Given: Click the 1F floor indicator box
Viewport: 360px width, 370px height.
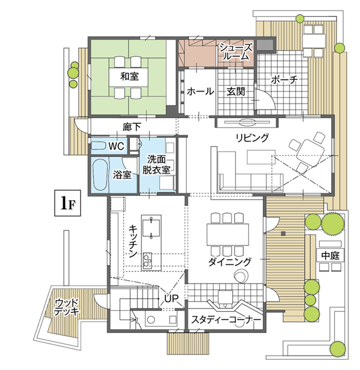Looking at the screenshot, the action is [x=67, y=203].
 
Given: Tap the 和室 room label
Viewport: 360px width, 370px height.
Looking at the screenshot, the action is [x=129, y=76].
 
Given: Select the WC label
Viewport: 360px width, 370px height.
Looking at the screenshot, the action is [x=116, y=146].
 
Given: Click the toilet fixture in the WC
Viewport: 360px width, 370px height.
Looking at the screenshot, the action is [x=98, y=145].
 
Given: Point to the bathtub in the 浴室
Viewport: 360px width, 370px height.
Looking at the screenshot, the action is [x=99, y=174].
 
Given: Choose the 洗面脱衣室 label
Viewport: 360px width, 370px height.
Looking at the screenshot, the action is [x=156, y=164].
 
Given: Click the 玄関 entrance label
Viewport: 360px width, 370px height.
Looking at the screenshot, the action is [x=235, y=91].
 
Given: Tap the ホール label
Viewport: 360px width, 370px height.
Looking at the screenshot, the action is [x=200, y=91].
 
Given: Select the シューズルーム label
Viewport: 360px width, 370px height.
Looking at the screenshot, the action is [x=236, y=52].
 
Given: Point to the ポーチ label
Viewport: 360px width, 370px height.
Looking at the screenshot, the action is [x=284, y=80].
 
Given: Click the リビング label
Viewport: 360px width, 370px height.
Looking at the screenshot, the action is [x=252, y=137].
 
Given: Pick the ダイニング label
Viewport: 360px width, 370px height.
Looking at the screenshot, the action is [x=229, y=262].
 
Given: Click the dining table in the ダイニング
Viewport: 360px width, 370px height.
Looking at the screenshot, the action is [x=227, y=234].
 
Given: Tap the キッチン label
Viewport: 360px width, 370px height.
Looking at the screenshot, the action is [x=133, y=241].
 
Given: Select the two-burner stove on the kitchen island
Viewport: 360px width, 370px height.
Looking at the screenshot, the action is [x=147, y=260].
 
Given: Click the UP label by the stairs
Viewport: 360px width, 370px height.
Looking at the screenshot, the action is [x=171, y=298].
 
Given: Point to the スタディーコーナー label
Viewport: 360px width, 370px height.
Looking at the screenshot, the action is [x=226, y=319].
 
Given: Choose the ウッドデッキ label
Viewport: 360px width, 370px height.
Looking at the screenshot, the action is [x=66, y=307].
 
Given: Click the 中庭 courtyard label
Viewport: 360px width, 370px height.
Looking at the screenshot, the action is [x=330, y=255].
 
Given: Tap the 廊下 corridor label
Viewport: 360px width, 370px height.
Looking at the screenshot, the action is [x=131, y=127].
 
